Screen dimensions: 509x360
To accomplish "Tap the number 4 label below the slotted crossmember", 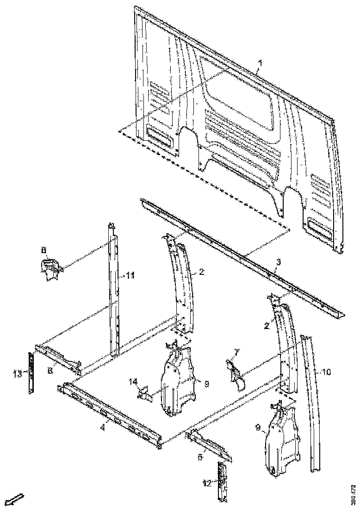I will (103, 428).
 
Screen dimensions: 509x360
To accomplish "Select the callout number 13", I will (18, 374).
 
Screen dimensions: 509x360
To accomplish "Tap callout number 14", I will (133, 381).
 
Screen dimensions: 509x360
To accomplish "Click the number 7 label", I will (236, 353).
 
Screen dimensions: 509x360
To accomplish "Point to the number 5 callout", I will (200, 457).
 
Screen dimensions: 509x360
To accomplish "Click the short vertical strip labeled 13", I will (31, 373).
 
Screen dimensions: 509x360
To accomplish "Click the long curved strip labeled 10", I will (313, 403).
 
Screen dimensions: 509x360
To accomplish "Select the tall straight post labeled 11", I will (114, 292).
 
